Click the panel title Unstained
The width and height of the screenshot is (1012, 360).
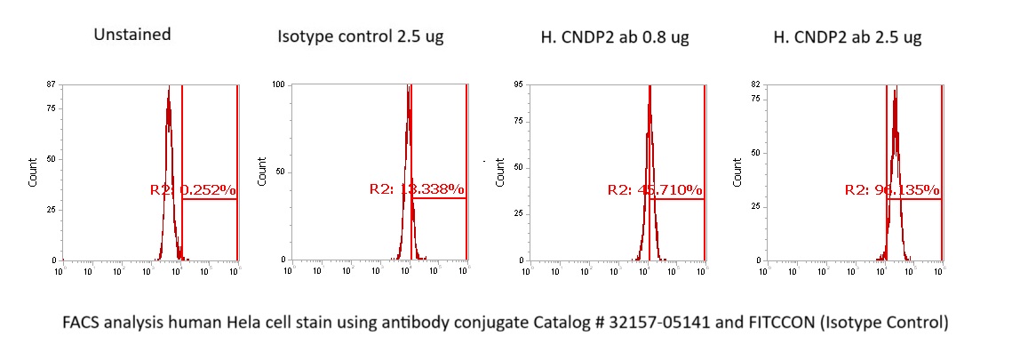point(132,36)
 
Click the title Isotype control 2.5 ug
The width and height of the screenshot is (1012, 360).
point(361,37)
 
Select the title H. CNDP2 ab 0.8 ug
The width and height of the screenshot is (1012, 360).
point(615,37)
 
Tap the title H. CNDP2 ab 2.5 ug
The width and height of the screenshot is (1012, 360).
point(847,37)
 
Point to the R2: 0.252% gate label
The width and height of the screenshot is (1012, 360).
point(193,190)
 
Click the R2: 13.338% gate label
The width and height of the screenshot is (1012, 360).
point(417,189)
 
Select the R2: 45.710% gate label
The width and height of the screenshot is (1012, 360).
point(655,190)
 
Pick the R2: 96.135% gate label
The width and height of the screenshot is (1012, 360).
point(892,190)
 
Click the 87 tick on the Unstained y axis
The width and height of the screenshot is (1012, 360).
point(51,84)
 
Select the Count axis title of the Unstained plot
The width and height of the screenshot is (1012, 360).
point(34,171)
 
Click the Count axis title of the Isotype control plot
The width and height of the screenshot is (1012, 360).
point(262,171)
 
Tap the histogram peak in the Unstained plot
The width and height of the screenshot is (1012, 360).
point(168,89)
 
